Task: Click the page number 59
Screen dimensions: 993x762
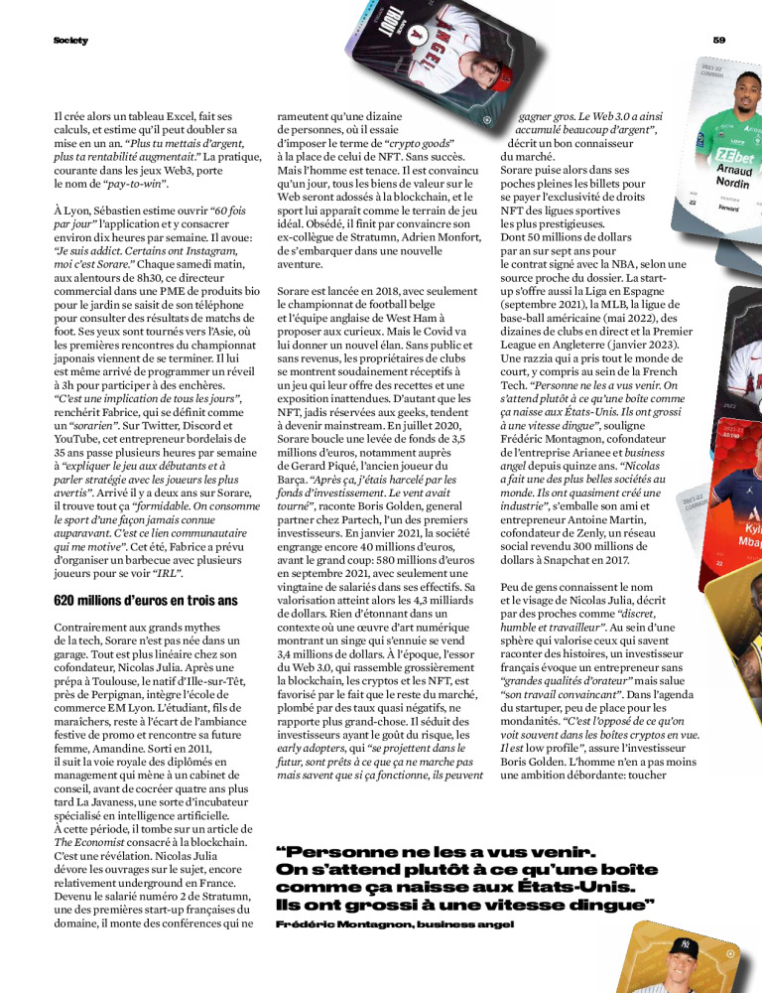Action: (719, 40)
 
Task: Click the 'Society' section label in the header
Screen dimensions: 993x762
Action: (70, 40)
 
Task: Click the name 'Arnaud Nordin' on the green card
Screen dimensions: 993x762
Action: (733, 177)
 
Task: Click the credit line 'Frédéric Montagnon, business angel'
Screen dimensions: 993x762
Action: (395, 924)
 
